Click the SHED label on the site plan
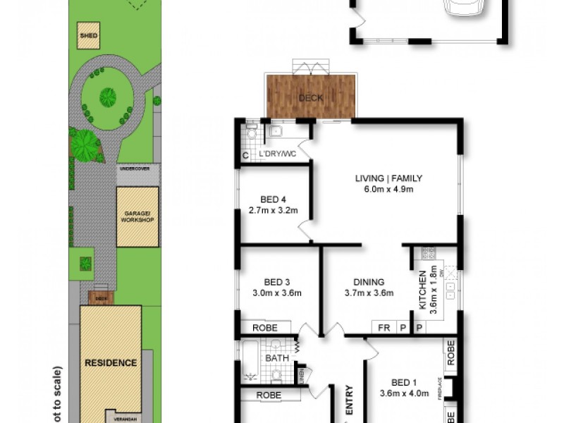(88, 35)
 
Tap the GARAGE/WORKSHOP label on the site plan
(137, 216)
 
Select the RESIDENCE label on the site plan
(111, 362)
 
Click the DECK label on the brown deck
(310, 97)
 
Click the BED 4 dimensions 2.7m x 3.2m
(274, 210)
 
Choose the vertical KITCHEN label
(423, 291)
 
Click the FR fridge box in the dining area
(383, 327)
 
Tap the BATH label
(277, 358)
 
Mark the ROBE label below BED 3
(265, 328)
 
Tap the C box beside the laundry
(245, 154)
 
